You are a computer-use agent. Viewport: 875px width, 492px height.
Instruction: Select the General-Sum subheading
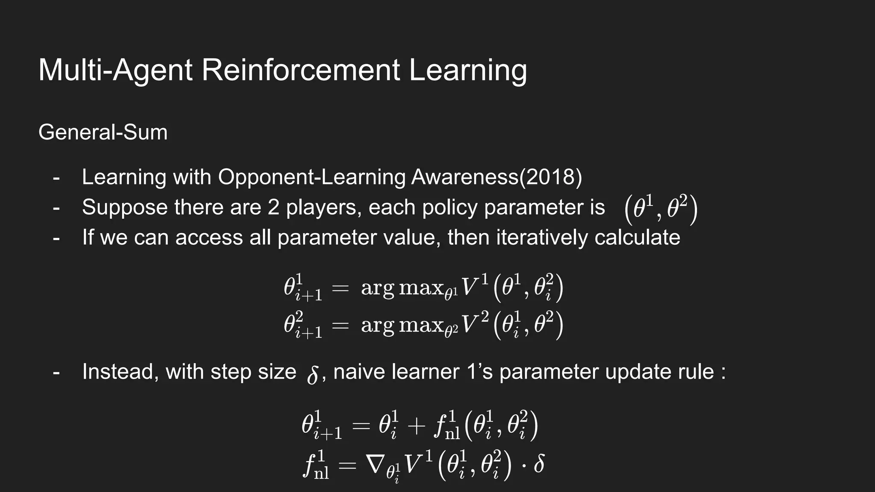tap(103, 132)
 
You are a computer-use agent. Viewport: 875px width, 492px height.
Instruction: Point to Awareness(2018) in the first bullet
tap(496, 177)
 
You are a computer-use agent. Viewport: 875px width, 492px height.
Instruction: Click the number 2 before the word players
tap(273, 207)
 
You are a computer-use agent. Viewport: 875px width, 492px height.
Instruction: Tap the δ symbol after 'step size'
tap(313, 375)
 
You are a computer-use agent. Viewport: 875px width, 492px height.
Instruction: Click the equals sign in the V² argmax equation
tap(341, 326)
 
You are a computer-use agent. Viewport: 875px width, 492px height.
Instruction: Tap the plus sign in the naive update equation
tap(416, 426)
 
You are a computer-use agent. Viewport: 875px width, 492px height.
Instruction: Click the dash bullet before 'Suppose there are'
tap(56, 208)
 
